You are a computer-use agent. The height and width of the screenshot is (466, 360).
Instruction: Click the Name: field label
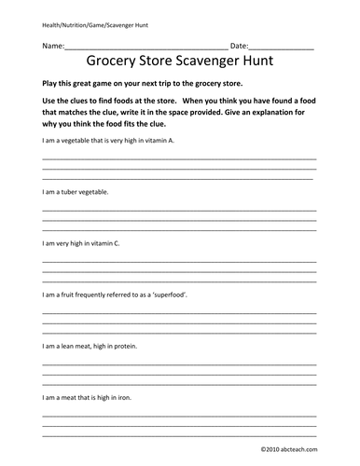(52, 45)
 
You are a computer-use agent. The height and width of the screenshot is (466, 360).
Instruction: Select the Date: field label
(240, 45)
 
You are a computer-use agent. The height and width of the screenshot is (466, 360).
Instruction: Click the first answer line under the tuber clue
(177, 211)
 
